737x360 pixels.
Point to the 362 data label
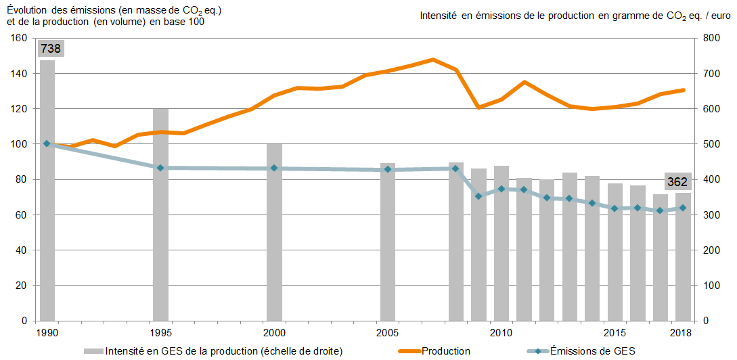pos(677,182)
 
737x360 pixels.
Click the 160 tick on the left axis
pos(18,38)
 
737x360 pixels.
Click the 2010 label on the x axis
pos(501,333)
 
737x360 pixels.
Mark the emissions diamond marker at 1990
pos(47,143)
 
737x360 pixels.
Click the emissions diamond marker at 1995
pos(160,168)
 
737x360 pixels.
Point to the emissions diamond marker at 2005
pos(388,169)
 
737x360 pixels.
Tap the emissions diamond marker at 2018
pos(683,208)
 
